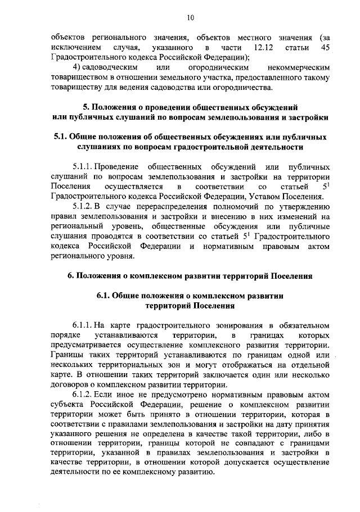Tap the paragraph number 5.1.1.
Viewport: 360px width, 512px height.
point(82,166)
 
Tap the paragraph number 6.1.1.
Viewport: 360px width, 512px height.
point(82,325)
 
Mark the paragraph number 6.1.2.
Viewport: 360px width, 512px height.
point(82,396)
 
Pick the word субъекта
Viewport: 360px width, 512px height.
point(67,406)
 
